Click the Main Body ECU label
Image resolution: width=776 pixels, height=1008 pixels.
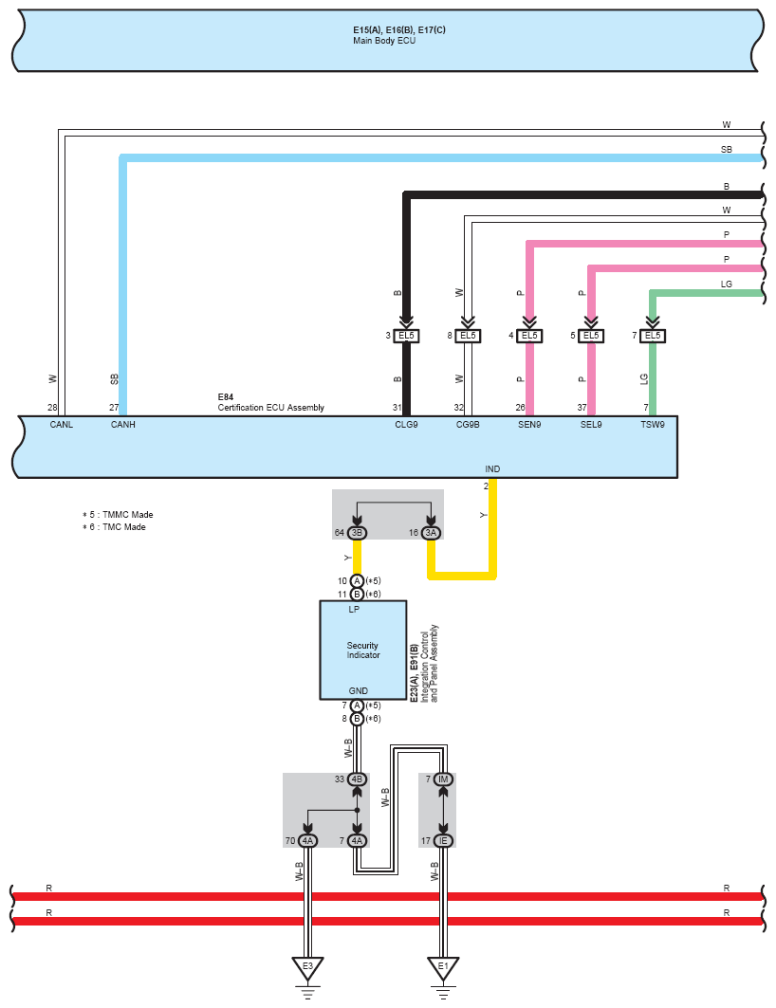384,41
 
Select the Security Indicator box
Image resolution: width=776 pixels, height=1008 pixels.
363,650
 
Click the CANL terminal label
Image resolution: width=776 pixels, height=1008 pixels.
62,424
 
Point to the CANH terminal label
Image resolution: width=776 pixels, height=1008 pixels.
122,424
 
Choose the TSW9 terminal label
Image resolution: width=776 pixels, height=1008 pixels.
653,424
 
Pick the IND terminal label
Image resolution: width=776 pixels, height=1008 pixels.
492,468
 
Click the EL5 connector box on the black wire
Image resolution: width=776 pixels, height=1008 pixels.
406,336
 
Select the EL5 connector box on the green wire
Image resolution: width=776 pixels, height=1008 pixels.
653,336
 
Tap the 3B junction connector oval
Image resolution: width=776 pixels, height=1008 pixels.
357,532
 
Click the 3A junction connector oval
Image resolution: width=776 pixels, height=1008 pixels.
431,532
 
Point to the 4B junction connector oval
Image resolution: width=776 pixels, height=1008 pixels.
357,779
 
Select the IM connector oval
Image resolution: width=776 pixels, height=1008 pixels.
443,779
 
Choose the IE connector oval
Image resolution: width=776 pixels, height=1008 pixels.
443,841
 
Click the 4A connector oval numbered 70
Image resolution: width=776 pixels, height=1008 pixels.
308,841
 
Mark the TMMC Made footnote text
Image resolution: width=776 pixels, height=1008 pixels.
118,514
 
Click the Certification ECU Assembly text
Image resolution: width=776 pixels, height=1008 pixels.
270,408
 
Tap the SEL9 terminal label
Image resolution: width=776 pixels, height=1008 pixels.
591,424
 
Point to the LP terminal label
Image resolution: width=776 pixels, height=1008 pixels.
354,610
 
